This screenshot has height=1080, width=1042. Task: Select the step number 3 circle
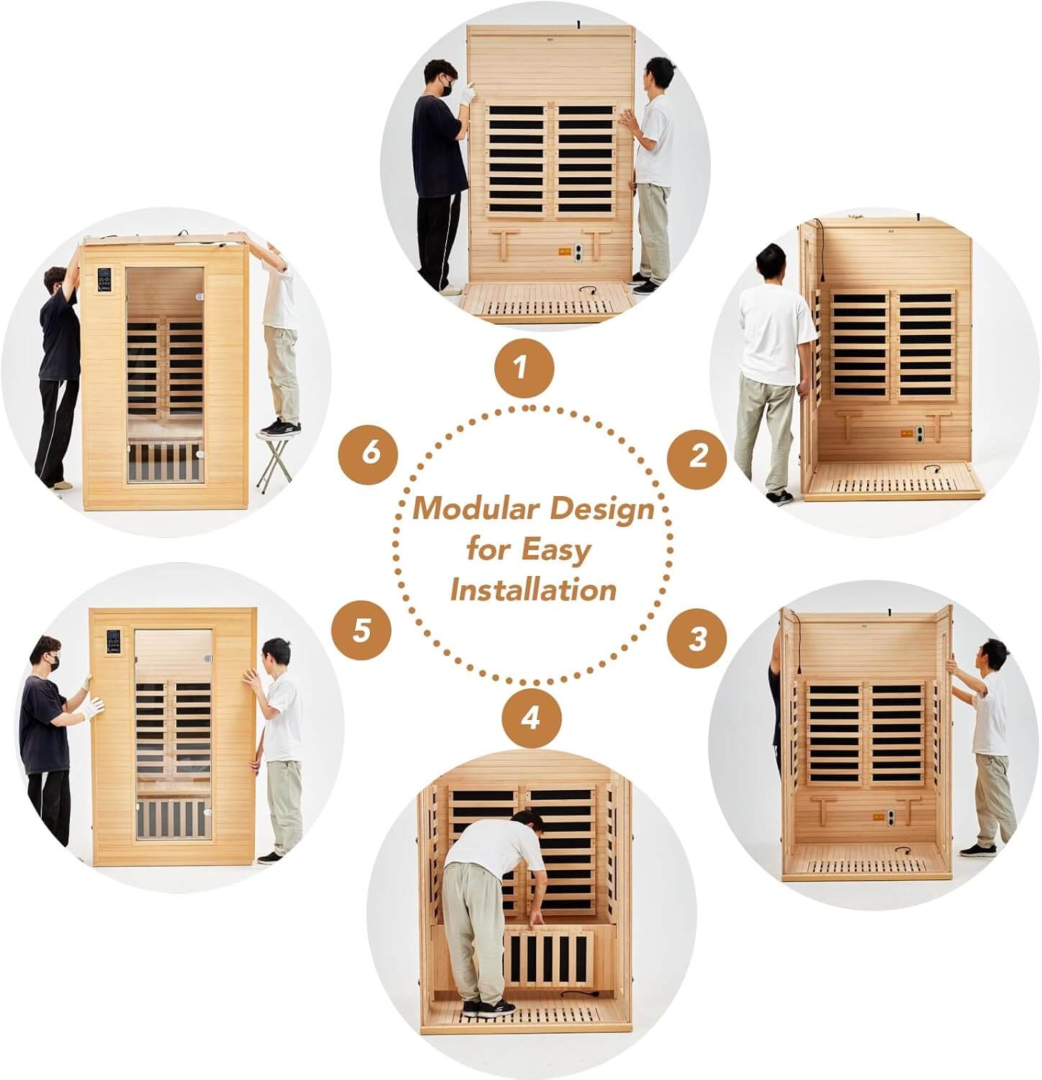pyautogui.click(x=697, y=639)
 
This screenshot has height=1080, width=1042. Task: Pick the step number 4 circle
pyautogui.click(x=531, y=718)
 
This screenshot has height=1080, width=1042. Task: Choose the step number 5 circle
pyautogui.click(x=361, y=631)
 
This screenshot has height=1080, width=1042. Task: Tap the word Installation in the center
pyautogui.click(x=533, y=590)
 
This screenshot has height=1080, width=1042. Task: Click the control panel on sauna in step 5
pyautogui.click(x=114, y=644)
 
